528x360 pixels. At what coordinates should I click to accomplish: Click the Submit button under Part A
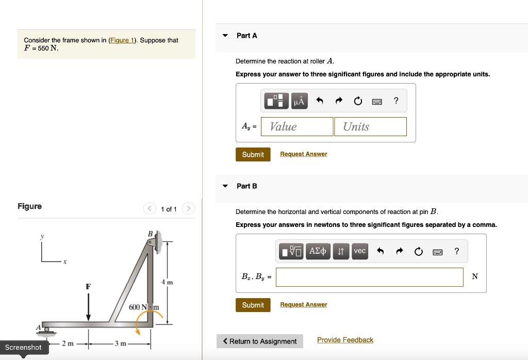[253, 155]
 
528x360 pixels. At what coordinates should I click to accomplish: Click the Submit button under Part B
[253, 305]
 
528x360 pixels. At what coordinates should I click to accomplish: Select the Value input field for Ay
[297, 127]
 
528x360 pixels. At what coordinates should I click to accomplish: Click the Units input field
[370, 127]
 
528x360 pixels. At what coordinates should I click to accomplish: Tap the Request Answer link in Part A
[303, 154]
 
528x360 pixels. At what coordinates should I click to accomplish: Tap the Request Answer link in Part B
[303, 305]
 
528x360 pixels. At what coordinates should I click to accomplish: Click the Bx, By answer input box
[369, 277]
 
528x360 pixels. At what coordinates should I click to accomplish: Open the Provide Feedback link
[345, 340]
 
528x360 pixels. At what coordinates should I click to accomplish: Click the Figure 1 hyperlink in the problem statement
[121, 40]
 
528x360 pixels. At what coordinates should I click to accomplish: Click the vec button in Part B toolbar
[359, 251]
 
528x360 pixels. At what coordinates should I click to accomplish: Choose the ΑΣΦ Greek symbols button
[317, 251]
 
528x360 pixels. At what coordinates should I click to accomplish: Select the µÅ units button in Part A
[299, 101]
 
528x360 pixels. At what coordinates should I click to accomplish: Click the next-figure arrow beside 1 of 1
[189, 209]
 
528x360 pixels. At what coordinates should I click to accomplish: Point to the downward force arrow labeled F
[88, 305]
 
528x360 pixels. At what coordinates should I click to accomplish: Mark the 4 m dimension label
[167, 283]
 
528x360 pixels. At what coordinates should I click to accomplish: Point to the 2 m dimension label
[68, 344]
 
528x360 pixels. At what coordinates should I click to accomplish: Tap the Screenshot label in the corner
[23, 348]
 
